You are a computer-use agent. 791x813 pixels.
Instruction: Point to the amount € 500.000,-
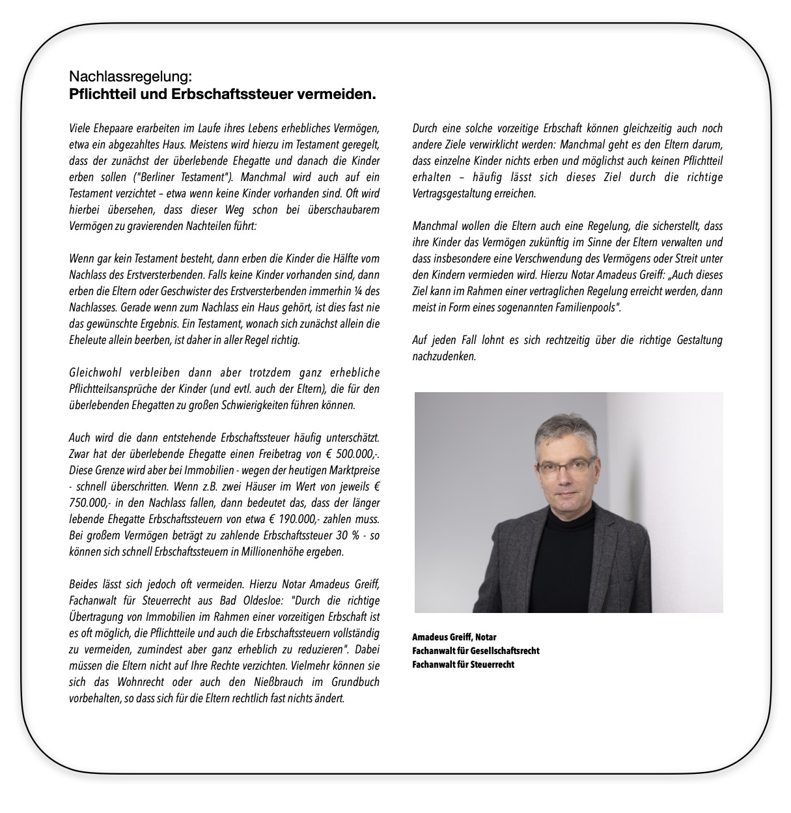tap(352, 454)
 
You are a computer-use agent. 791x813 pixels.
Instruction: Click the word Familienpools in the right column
tap(580, 307)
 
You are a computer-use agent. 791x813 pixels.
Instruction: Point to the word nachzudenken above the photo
tap(444, 356)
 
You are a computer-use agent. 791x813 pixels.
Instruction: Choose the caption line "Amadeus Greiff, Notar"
tap(454, 636)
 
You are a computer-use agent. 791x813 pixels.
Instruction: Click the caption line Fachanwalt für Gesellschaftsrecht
tap(475, 650)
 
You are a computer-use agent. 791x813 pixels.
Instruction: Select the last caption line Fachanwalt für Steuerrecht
tap(463, 664)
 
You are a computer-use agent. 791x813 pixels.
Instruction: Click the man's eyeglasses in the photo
tap(565, 467)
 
